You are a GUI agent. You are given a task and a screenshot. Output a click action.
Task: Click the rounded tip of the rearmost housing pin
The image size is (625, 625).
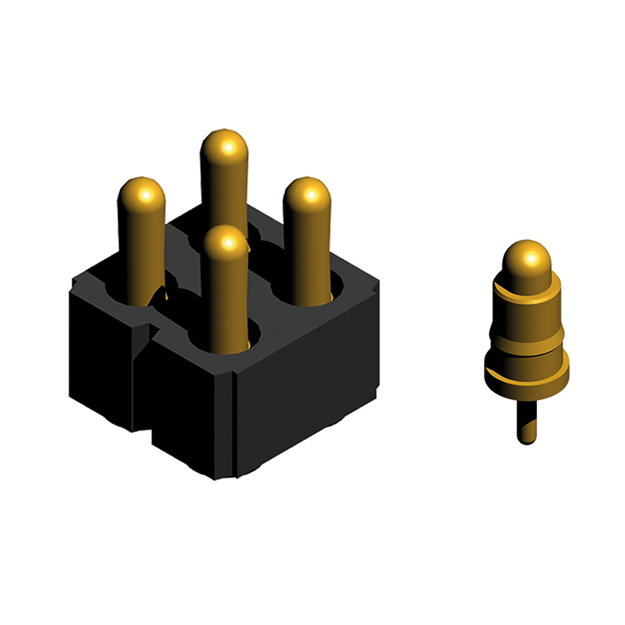tap(224, 147)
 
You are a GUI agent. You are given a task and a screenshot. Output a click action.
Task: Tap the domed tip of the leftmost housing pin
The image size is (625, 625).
tap(141, 194)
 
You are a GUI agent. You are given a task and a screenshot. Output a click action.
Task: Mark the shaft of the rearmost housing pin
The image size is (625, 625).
tap(224, 194)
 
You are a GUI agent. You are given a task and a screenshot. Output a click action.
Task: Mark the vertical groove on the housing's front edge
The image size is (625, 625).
tap(233, 425)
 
